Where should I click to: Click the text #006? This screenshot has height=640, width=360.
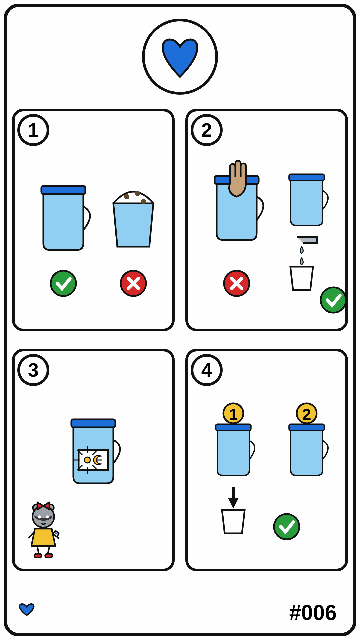[313, 613]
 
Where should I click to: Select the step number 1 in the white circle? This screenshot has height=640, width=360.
[33, 130]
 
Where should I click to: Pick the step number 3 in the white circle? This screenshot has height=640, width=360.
[33, 370]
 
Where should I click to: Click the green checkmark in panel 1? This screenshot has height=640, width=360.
[63, 283]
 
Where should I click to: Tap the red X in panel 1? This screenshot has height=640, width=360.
[133, 283]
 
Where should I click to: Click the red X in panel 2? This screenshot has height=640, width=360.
[237, 283]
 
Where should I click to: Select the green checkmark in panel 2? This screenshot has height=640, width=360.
[333, 300]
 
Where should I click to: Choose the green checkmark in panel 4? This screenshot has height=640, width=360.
[287, 527]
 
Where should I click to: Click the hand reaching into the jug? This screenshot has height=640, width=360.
[238, 179]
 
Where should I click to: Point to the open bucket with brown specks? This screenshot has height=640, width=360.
[133, 219]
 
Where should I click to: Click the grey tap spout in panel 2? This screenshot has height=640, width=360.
[308, 240]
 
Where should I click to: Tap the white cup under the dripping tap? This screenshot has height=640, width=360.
[302, 278]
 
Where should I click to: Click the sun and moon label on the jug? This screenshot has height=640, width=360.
[93, 460]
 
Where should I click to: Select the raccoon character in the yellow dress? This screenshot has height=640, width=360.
[43, 530]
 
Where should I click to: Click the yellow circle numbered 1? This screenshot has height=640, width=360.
[233, 414]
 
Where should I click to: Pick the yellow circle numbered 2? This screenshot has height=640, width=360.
[307, 414]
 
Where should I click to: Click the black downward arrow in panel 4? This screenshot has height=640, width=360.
[233, 497]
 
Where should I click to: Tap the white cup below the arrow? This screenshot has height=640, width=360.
[233, 521]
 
